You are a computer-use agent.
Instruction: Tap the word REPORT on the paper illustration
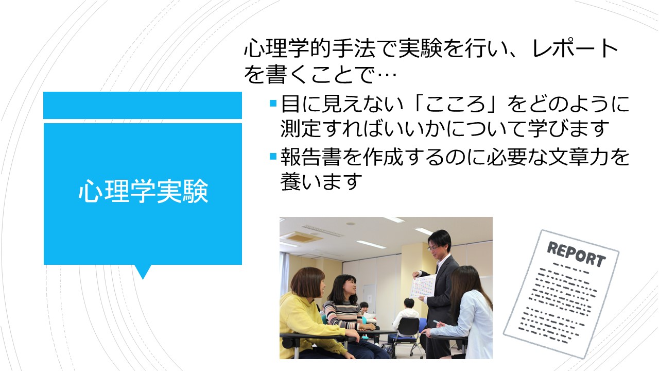click(576, 254)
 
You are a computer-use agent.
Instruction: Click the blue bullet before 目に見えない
click(273, 104)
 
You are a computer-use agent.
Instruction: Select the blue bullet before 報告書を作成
click(273, 156)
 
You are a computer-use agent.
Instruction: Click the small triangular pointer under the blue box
click(143, 272)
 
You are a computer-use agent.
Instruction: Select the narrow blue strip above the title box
click(143, 106)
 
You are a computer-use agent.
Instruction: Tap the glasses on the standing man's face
click(433, 248)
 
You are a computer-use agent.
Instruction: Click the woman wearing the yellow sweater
click(306, 315)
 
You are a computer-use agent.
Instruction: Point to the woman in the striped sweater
click(345, 312)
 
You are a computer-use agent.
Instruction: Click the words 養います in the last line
click(321, 181)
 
